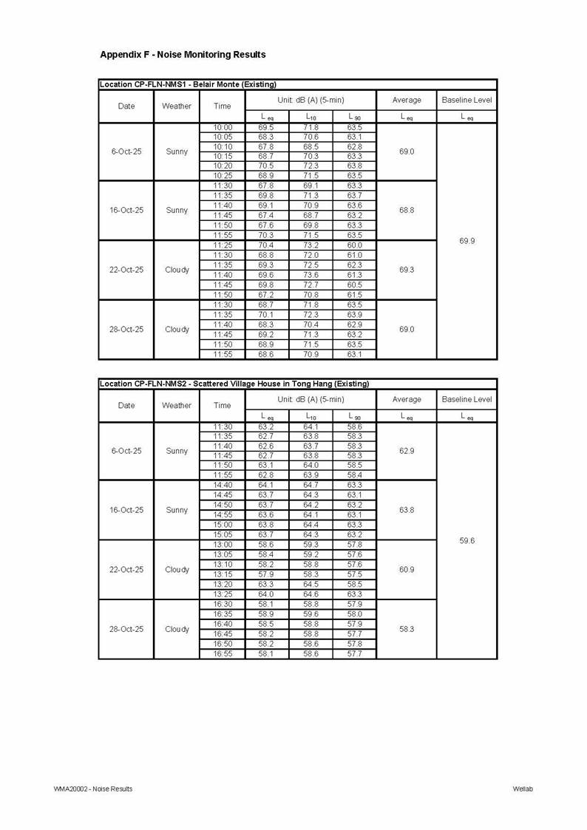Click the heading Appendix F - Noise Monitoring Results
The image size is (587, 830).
point(183,55)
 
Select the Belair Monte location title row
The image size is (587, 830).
point(188,84)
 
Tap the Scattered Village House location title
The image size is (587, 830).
point(234,384)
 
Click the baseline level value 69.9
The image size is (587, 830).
point(466,241)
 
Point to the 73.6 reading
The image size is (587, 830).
point(311,275)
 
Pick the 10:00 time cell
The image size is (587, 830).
point(222,127)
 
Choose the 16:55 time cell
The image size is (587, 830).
point(222,653)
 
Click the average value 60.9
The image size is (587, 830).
point(407,570)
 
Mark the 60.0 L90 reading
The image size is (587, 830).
point(354,245)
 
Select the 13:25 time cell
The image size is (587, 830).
point(222,594)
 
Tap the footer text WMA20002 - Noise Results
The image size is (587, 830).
point(93,789)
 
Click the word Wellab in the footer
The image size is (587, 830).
point(523,789)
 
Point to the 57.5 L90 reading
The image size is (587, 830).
point(354,574)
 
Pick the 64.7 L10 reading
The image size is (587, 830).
point(311,485)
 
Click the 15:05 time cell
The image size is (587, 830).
point(222,534)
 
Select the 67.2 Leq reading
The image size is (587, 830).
point(266,295)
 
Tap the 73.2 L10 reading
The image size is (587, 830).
point(311,245)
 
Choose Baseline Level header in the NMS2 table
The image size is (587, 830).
point(466,399)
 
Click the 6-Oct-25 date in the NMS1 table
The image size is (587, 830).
point(126,152)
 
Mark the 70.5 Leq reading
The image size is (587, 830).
point(266,166)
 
